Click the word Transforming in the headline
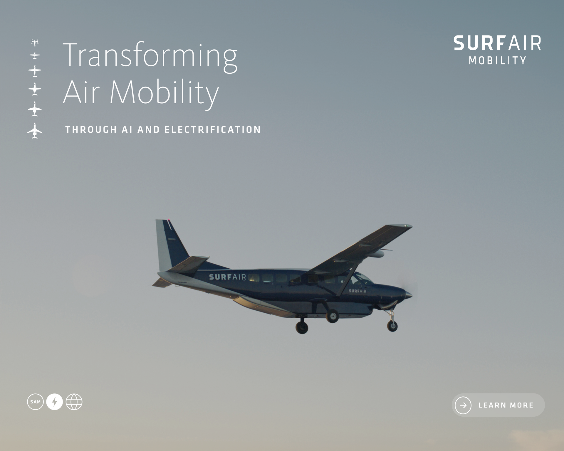[x=150, y=57]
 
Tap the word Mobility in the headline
[x=164, y=93]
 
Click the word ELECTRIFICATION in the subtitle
[x=213, y=129]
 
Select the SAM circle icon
[x=35, y=402]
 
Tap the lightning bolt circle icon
[x=54, y=402]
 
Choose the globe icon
[x=74, y=402]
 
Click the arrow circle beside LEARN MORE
[x=463, y=405]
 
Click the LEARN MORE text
[x=506, y=405]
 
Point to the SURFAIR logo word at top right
[x=497, y=43]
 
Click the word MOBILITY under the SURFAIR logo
[x=498, y=60]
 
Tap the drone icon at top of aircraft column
[x=35, y=43]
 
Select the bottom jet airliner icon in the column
[x=35, y=131]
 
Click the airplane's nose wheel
[x=392, y=326]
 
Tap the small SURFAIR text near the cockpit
[x=357, y=291]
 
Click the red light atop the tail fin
[x=169, y=220]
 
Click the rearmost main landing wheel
[x=302, y=327]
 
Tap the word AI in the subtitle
[x=127, y=129]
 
